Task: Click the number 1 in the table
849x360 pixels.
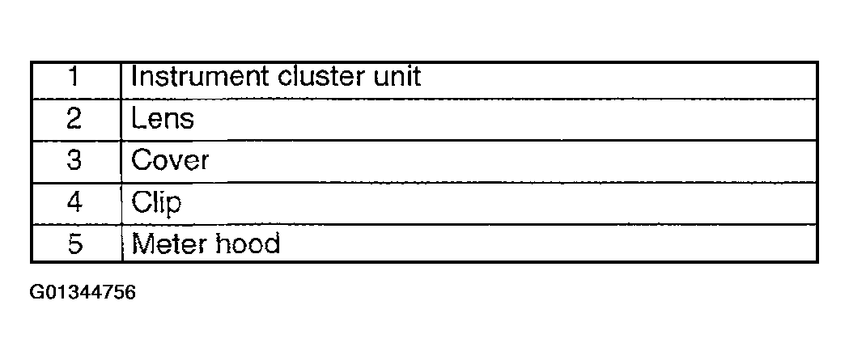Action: (x=74, y=78)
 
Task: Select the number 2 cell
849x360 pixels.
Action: (x=74, y=119)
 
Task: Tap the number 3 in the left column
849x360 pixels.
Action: (x=74, y=160)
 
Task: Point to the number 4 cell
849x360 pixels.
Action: (x=74, y=201)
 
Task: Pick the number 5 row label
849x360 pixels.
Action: (x=74, y=243)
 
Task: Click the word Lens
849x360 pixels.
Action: (x=162, y=119)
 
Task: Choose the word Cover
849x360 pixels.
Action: (x=170, y=160)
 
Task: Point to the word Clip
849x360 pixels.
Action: (x=155, y=202)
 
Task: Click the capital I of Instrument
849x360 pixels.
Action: (x=134, y=77)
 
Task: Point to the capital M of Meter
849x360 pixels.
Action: (x=141, y=243)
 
